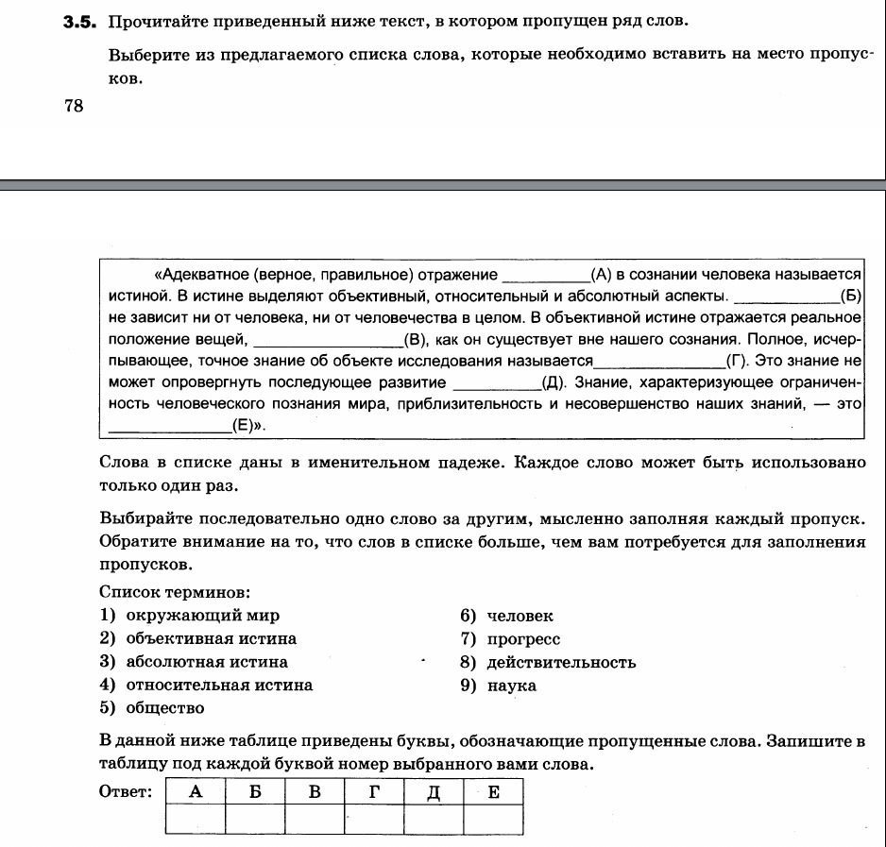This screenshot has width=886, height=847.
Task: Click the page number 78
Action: pyautogui.click(x=74, y=107)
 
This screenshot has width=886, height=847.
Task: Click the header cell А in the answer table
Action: pyautogui.click(x=196, y=792)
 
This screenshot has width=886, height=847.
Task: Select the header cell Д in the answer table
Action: pyautogui.click(x=434, y=792)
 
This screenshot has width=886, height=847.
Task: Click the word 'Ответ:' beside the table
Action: pyautogui.click(x=126, y=792)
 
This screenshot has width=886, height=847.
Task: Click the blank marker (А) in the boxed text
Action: pyautogui.click(x=601, y=275)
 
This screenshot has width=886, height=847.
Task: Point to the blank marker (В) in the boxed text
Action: pyautogui.click(x=416, y=339)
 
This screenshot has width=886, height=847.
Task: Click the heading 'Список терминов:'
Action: pyautogui.click(x=175, y=592)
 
